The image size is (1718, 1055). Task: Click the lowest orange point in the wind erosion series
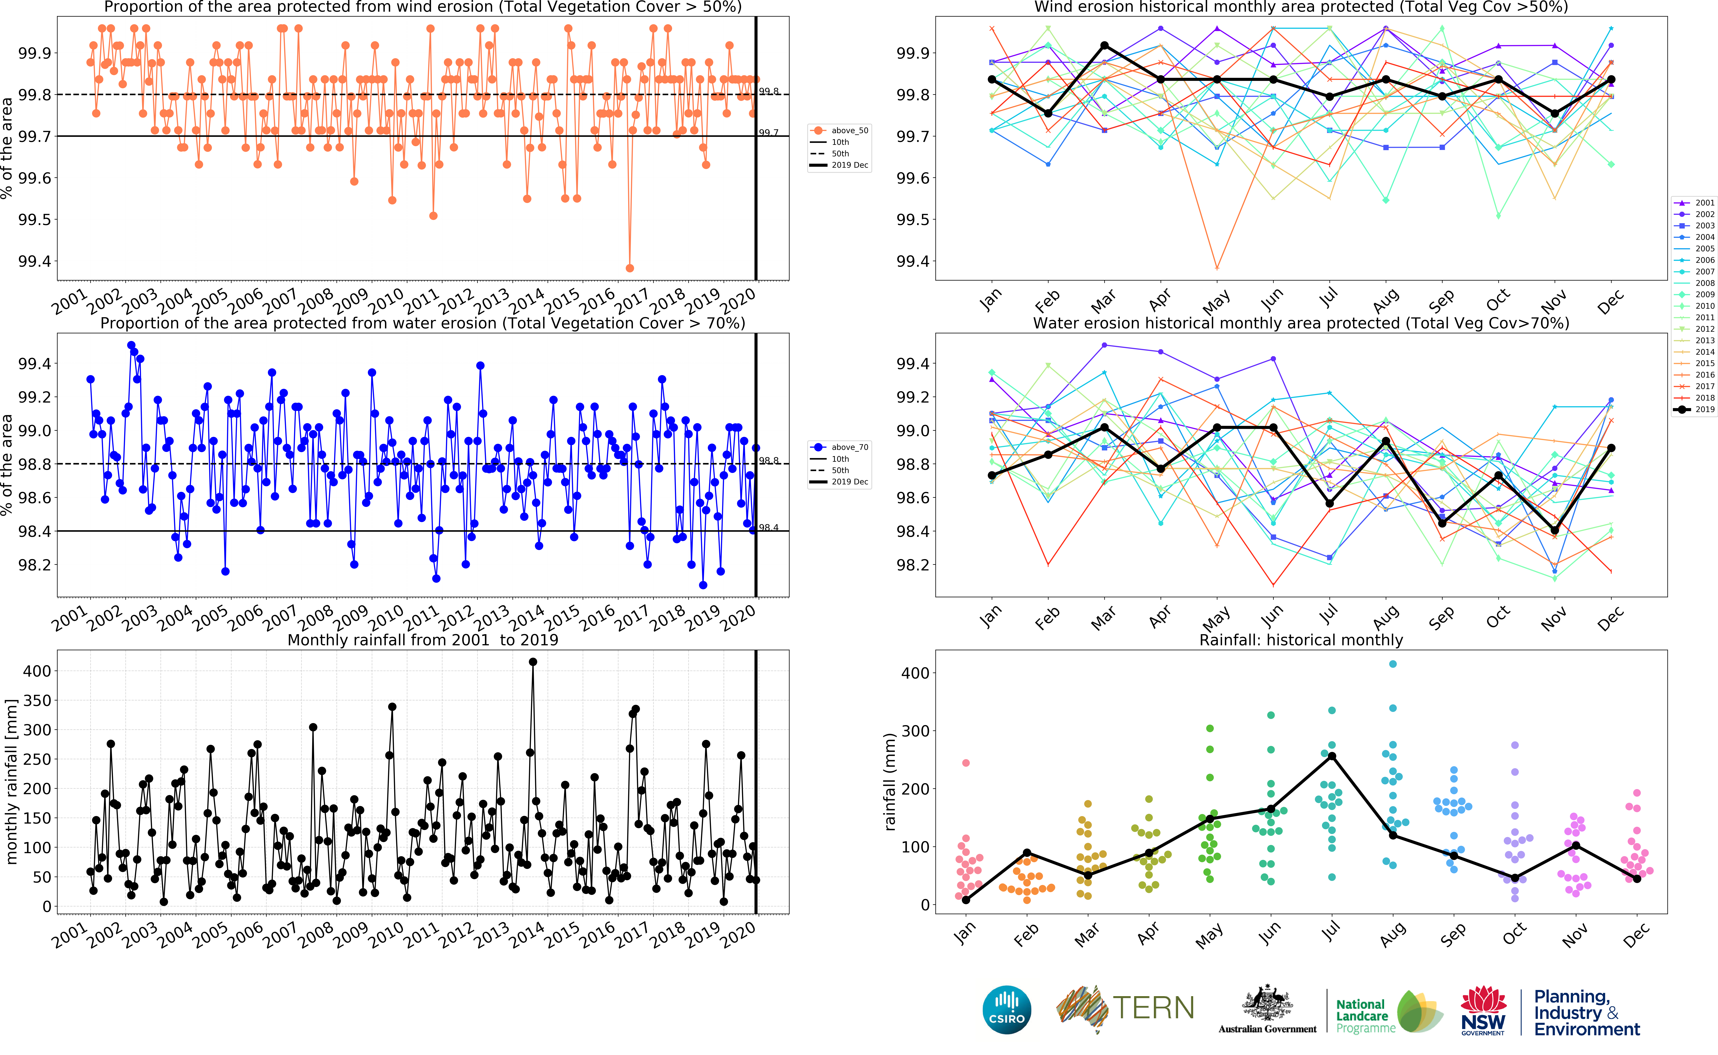coord(630,268)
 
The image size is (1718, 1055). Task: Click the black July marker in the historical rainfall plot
coord(1332,756)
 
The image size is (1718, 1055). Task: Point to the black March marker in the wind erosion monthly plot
coord(1104,45)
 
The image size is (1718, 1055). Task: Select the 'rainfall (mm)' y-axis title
coord(889,782)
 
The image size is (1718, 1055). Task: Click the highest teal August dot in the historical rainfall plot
coord(1393,664)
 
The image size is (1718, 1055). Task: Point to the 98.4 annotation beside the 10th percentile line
coord(769,527)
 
